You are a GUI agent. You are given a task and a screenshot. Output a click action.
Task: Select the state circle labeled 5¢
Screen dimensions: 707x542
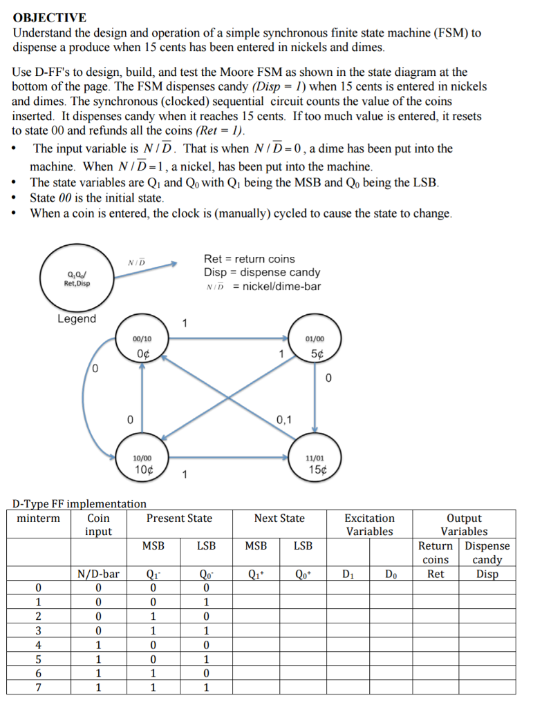[315, 346]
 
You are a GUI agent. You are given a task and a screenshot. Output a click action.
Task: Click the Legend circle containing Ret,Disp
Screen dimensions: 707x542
[77, 279]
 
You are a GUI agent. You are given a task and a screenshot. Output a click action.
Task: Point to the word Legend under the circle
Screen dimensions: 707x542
[77, 319]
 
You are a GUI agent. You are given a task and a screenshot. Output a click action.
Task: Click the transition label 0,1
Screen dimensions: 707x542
[283, 420]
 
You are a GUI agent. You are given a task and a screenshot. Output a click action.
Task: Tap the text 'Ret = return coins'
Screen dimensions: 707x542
[249, 259]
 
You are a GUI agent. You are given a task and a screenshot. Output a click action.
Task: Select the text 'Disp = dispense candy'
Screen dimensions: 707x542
[262, 272]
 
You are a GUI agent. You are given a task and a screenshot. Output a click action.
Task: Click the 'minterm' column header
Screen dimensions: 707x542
[39, 519]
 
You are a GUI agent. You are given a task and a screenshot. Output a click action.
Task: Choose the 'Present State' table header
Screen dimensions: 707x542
[179, 519]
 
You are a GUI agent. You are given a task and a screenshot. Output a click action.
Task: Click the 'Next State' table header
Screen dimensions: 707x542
[279, 519]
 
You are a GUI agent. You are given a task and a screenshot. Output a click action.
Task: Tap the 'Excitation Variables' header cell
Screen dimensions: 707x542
[369, 525]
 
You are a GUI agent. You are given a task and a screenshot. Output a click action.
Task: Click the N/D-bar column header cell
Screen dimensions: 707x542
[98, 574]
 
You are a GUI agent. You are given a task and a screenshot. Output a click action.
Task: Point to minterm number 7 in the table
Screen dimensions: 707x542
[39, 687]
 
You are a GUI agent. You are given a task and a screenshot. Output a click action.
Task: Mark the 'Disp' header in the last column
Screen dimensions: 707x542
[487, 574]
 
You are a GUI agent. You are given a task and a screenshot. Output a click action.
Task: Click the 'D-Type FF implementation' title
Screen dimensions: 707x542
[80, 504]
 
